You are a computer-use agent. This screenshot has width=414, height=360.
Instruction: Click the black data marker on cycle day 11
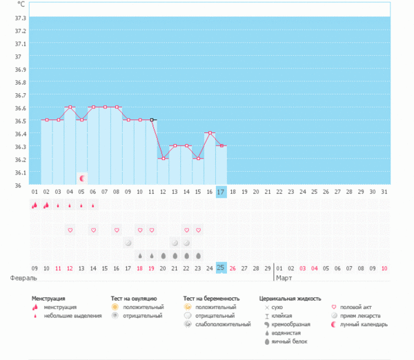(x=152, y=120)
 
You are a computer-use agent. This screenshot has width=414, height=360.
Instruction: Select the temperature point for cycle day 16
(x=210, y=132)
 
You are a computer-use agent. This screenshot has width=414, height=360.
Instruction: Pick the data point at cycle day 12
(x=164, y=158)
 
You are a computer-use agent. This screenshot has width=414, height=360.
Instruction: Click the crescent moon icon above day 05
(x=81, y=178)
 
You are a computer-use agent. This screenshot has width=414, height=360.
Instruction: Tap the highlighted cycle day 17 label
(x=221, y=191)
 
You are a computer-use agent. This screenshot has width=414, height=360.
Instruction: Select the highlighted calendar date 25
(x=221, y=268)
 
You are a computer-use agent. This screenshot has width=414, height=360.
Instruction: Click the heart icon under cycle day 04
(x=70, y=230)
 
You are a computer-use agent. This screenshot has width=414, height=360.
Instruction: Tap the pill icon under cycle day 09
(x=128, y=243)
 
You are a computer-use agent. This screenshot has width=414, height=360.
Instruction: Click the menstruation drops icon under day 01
(x=34, y=205)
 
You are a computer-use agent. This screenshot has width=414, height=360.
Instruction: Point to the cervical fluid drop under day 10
(x=140, y=255)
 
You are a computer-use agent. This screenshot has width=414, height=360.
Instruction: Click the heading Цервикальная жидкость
(x=290, y=299)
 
